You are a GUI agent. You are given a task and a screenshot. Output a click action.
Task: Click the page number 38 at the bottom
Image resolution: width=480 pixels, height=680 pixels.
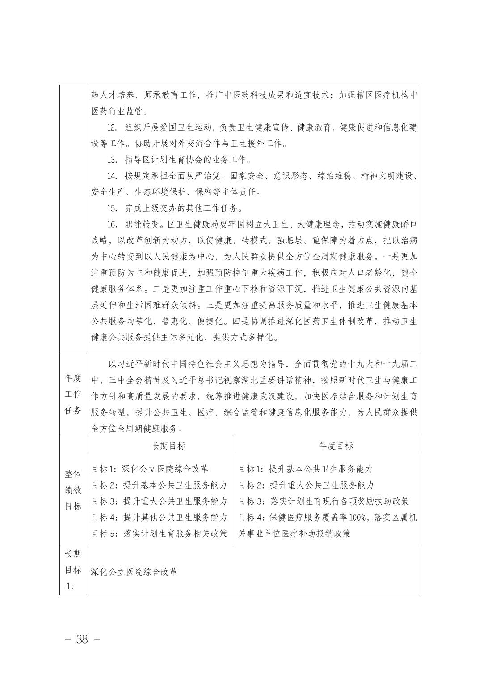(x=82, y=639)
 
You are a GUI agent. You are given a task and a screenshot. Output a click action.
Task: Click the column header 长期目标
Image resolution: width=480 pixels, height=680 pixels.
(x=159, y=445)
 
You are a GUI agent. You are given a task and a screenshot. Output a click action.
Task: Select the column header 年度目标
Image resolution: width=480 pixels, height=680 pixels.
(x=327, y=445)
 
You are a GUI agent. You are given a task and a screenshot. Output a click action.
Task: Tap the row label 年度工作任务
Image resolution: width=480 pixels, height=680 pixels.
(x=73, y=394)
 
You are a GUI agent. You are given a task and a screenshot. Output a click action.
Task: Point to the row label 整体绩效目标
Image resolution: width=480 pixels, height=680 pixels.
(x=73, y=490)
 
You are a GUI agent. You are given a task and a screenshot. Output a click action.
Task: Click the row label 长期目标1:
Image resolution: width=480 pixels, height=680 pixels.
(x=73, y=570)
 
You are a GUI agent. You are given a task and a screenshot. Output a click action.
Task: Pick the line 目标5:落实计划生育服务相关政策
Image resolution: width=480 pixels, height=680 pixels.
(x=159, y=533)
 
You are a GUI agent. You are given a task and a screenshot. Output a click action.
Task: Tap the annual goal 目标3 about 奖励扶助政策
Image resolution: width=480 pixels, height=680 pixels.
(x=323, y=501)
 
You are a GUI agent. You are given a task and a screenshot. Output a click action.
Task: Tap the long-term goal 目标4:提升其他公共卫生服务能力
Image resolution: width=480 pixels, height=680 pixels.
(x=159, y=517)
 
